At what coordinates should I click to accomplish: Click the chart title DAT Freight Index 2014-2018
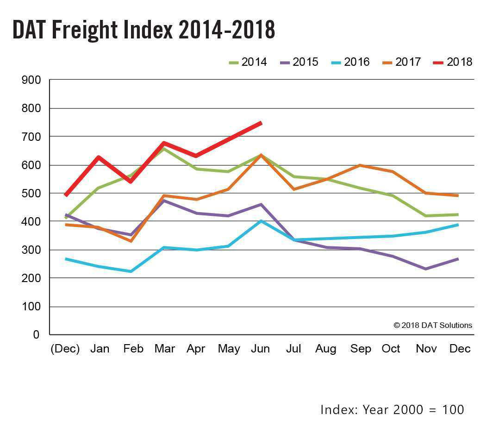[x=144, y=30]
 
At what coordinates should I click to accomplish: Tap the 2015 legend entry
[x=298, y=62]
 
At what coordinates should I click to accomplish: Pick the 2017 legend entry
[x=401, y=62]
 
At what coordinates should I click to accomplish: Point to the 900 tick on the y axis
[x=31, y=80]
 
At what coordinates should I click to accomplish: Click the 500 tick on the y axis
[x=31, y=193]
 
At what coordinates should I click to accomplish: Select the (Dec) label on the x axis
[x=65, y=349]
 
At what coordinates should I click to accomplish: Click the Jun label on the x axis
[x=260, y=349]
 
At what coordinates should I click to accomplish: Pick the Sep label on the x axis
[x=361, y=349]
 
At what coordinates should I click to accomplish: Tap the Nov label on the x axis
[x=426, y=349]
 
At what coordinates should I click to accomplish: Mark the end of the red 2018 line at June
[x=261, y=123]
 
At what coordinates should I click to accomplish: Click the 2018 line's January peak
[x=98, y=157]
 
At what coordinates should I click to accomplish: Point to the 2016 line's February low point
[x=131, y=271]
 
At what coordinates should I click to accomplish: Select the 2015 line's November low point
[x=425, y=269]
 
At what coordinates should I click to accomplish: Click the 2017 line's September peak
[x=360, y=165]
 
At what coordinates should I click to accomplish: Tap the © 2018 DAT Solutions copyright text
[x=433, y=325]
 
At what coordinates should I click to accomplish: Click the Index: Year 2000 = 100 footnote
[x=392, y=409]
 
